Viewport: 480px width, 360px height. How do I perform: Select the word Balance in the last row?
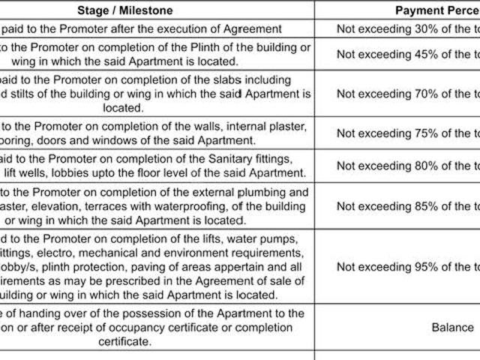click(452, 327)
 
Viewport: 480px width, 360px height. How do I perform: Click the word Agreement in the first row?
click(255, 29)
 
